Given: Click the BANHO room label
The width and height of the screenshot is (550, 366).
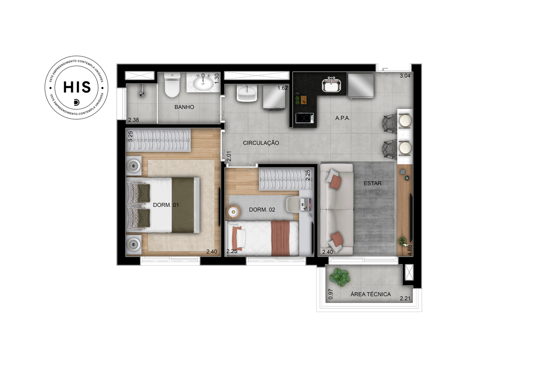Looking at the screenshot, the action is [184, 107].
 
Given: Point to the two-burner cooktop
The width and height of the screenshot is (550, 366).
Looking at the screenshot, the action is [305, 118].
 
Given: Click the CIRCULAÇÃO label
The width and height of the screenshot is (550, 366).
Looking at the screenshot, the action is [261, 143].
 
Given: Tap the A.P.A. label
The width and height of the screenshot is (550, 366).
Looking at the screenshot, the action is [343, 118].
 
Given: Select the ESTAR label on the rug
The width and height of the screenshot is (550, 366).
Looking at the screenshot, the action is [373, 183].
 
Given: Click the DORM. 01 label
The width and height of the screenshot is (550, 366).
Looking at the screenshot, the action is [166, 205].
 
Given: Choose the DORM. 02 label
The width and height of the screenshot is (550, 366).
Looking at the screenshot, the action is [262, 210].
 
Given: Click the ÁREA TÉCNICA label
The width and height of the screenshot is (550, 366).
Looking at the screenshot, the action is [371, 294].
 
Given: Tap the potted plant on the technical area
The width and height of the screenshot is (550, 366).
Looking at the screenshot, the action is [340, 277].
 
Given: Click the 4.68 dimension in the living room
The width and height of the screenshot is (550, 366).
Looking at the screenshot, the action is [409, 250].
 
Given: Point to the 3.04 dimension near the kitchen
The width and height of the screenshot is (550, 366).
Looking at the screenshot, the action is [405, 76].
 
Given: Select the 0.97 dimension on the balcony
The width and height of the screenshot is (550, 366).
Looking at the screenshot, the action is [331, 294].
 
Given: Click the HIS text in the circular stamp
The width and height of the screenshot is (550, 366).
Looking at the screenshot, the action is [77, 87].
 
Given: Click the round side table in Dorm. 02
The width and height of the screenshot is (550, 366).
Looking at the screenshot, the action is [233, 212].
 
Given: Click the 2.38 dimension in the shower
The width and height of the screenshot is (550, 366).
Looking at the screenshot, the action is [134, 120].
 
